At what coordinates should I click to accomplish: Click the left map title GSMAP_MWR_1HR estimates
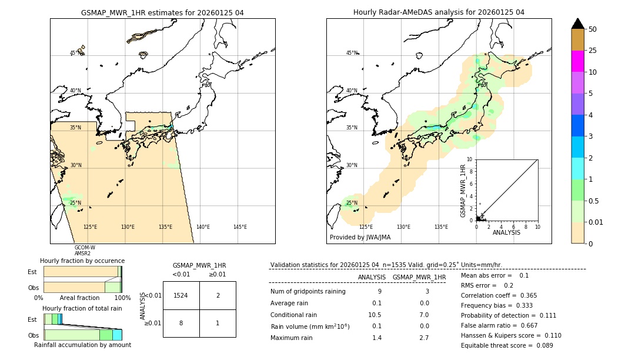(x=162, y=12)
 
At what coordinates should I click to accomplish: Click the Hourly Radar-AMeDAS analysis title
(x=439, y=12)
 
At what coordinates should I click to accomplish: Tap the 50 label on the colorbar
(x=593, y=29)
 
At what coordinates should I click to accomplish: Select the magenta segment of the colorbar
(x=577, y=61)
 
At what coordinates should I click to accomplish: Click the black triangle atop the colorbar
(x=577, y=24)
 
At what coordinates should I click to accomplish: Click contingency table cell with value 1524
(x=181, y=296)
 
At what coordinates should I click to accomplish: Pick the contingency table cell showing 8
(x=181, y=323)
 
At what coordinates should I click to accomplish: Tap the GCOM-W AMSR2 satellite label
(x=85, y=250)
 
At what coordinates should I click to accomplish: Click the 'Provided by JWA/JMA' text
(x=360, y=237)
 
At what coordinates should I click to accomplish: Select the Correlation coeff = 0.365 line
(x=499, y=295)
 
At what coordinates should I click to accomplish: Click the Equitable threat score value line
(x=507, y=345)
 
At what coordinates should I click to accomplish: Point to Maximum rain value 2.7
(x=423, y=338)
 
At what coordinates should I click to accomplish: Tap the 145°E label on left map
(x=240, y=227)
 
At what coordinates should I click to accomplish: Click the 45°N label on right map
(x=352, y=53)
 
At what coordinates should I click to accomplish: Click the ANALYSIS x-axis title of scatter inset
(x=506, y=232)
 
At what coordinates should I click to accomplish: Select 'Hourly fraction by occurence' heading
(x=82, y=261)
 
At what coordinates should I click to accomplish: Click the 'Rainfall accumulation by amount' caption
(x=82, y=345)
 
